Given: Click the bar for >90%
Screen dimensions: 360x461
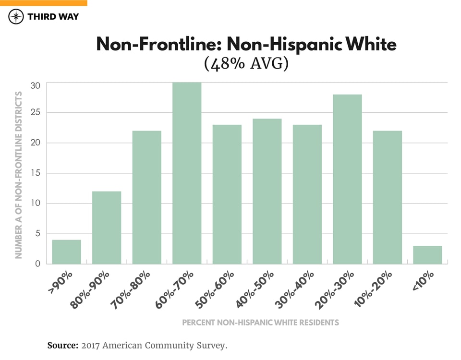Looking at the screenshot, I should coord(66,252).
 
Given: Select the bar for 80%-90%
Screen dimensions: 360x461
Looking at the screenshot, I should coord(107,228).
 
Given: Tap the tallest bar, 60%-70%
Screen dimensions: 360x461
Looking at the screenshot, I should coord(187,173).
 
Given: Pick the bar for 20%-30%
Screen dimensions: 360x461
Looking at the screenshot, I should coord(347,179).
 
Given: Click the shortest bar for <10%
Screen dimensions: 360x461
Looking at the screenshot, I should coord(427,255).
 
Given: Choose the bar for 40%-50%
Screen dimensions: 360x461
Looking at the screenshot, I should coord(267,191).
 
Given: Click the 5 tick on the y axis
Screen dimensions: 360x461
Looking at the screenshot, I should coord(37,234).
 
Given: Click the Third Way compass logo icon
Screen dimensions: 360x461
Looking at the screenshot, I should coord(16,17).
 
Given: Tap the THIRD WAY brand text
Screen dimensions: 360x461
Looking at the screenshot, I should coord(53,17).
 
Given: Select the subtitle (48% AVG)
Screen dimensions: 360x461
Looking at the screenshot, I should coord(246,64).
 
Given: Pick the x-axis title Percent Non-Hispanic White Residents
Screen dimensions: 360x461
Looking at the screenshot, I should coord(260,322).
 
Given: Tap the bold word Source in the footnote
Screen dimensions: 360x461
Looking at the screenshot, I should coord(62,345).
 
